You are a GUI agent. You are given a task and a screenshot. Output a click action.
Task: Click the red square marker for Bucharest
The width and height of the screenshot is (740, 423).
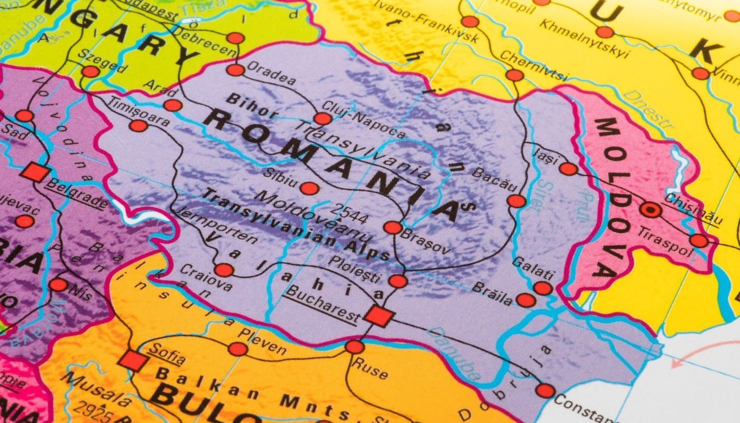pos(379,316)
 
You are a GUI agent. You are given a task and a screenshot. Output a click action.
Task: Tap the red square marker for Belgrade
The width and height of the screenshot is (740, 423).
pos(35,172)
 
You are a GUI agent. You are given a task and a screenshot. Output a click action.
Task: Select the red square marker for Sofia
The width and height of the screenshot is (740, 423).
pos(132,360)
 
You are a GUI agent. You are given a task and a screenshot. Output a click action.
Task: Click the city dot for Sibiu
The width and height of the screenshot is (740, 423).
pos(309,188)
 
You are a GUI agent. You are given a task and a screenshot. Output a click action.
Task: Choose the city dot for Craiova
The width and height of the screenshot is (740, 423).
pos(224,270)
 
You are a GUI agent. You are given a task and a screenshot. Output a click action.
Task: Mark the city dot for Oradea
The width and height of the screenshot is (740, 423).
pos(235,70)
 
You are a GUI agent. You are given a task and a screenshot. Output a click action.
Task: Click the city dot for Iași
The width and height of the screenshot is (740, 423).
pos(569,169)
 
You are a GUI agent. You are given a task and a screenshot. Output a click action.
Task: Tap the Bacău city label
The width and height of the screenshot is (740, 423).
pos(493,179)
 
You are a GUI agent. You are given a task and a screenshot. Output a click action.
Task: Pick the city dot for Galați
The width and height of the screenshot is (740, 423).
pos(542,288)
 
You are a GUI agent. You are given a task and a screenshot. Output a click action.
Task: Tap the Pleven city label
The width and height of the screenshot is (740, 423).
pos(262,342)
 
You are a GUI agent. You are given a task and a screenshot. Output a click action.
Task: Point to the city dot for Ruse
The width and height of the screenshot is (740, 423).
pos(354,347)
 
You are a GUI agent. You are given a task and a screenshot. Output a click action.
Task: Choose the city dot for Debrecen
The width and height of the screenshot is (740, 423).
pos(236,38)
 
